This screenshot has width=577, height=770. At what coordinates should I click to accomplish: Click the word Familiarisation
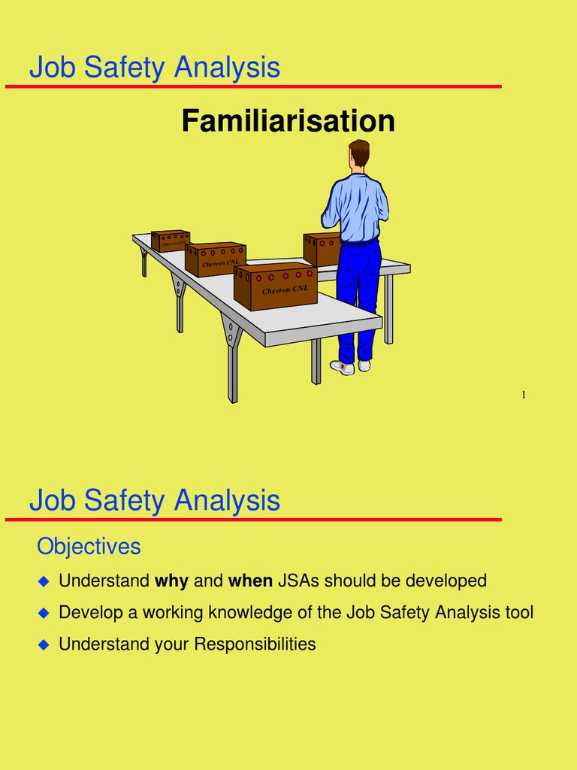coord(288,121)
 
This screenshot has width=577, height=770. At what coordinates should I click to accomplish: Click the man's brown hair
coord(359,151)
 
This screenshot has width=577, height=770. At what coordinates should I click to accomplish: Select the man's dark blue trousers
coord(357,293)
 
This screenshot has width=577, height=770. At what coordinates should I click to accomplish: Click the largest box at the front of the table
coord(275,286)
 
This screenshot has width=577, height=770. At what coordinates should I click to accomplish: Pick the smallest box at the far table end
coord(170,241)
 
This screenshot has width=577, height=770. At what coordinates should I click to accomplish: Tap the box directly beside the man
coord(322,248)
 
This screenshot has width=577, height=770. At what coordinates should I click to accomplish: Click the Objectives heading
coord(89,547)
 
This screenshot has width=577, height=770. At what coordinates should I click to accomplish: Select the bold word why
coord(171,581)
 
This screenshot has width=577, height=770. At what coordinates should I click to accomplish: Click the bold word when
coord(250,581)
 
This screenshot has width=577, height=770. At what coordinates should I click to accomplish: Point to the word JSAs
coord(298,581)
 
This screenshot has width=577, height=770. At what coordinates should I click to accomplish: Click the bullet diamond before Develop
coord(43,613)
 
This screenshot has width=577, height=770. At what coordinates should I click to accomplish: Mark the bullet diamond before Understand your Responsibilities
coord(43,644)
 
